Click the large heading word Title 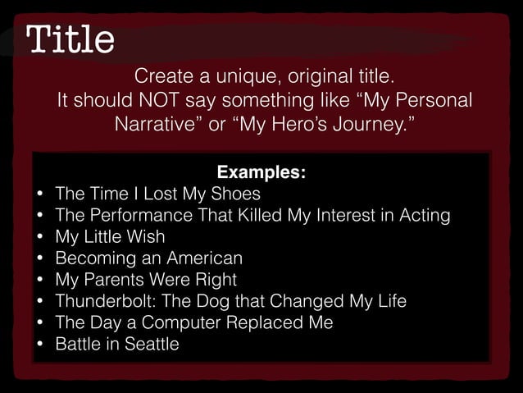click(70, 38)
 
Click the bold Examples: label click(261, 173)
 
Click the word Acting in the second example click(422, 216)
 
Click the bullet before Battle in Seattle click(39, 345)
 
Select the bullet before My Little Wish click(39, 238)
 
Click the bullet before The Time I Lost click(39, 195)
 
